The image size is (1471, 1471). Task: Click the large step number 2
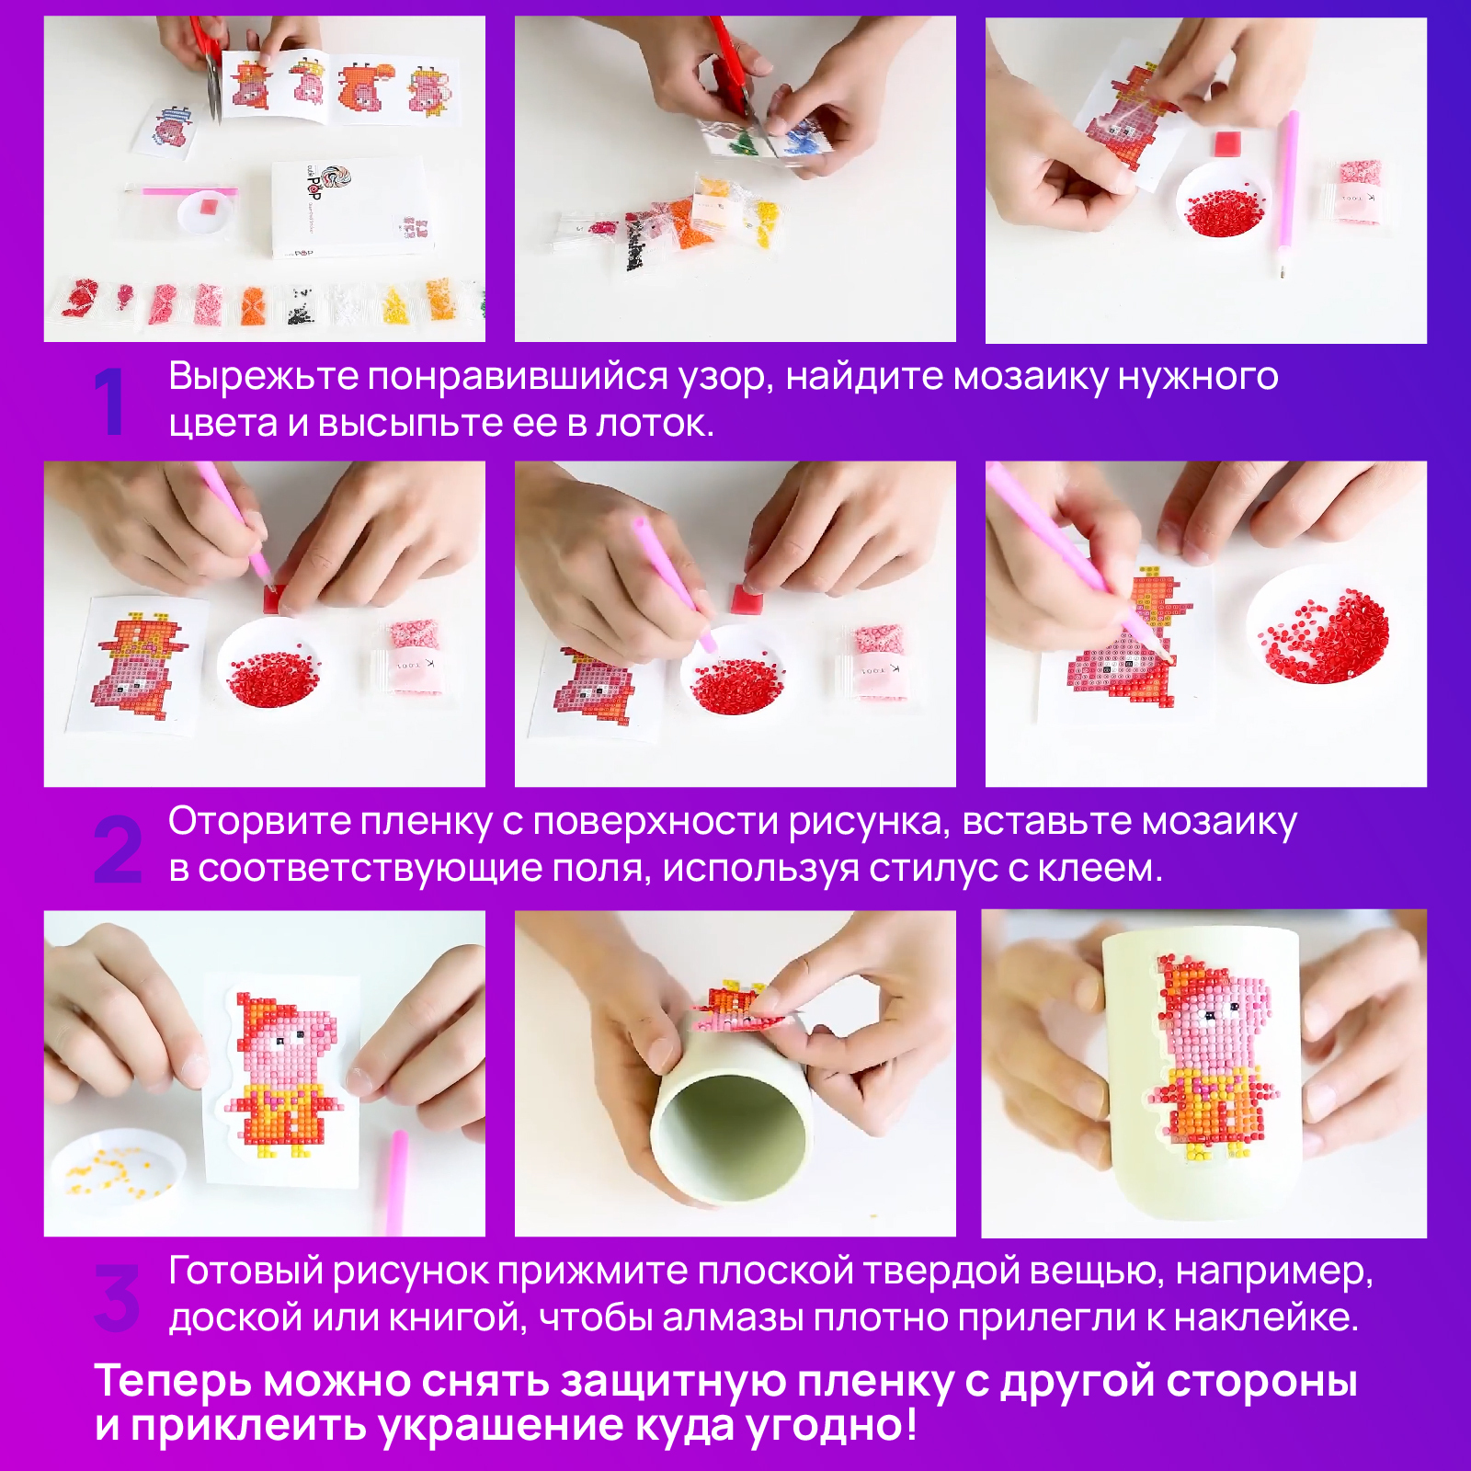[118, 850]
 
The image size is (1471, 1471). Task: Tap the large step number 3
[117, 1297]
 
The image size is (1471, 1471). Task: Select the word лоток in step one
[654, 423]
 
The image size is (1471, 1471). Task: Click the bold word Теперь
[174, 1381]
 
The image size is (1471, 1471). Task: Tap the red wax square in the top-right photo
[1226, 144]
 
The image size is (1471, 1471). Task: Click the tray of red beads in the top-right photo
[1224, 200]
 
